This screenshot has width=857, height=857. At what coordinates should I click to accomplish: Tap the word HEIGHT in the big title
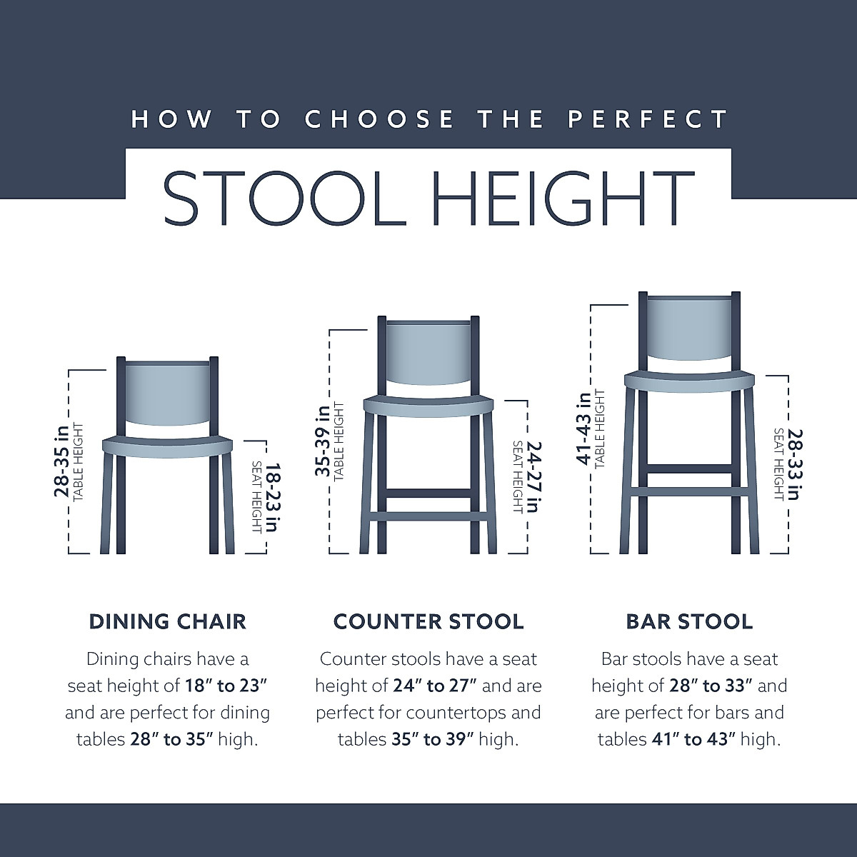click(564, 198)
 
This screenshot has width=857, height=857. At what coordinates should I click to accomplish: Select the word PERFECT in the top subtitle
click(648, 119)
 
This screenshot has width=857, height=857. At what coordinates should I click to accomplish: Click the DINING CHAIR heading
click(168, 621)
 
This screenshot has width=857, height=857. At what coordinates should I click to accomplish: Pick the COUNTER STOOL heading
click(428, 621)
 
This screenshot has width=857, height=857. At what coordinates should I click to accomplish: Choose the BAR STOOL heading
click(689, 621)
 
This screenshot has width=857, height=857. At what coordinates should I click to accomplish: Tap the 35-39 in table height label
click(323, 441)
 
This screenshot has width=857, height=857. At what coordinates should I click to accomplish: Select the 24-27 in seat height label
click(533, 476)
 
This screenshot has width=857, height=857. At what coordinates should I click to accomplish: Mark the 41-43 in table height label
click(583, 428)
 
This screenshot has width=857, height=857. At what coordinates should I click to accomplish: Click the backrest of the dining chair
click(168, 396)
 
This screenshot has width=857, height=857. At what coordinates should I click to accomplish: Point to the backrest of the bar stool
click(689, 329)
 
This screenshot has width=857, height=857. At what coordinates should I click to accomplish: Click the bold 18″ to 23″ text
click(226, 686)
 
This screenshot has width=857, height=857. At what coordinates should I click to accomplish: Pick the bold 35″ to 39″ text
click(431, 739)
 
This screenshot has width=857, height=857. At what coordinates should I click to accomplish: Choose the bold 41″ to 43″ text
click(692, 739)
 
